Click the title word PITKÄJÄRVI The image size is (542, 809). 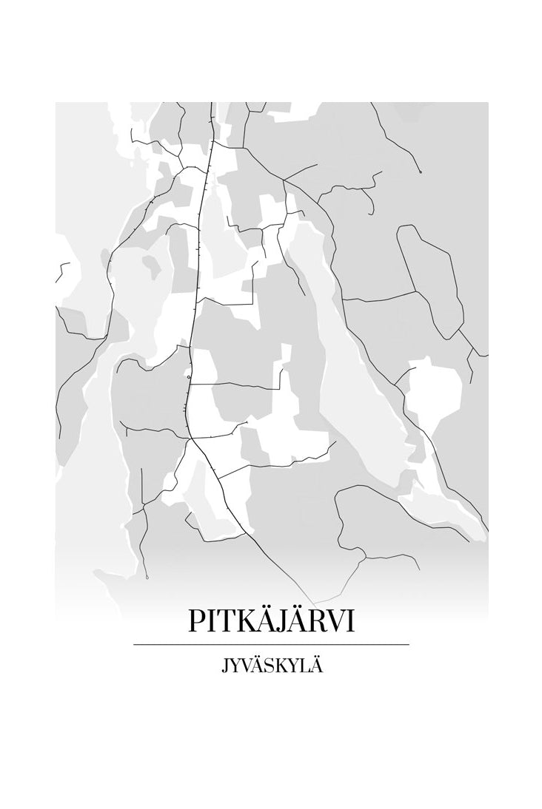pos(271,620)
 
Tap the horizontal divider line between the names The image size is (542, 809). pos(271,645)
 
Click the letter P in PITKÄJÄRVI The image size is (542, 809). pos(196,621)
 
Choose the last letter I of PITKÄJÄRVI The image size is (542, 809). pos(350,621)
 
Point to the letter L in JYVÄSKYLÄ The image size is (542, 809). pos(304,667)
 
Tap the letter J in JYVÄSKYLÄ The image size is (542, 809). pos(224,668)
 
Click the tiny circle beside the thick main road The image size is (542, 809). pos(189,377)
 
